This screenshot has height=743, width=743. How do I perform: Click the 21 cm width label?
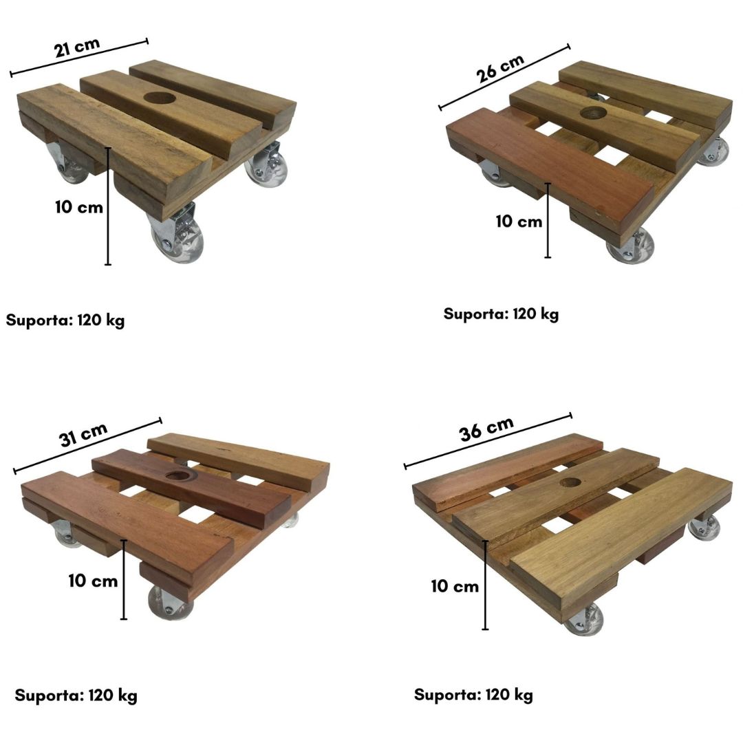(77, 48)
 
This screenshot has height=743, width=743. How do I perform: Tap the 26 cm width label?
(500, 68)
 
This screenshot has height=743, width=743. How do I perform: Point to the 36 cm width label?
(486, 429)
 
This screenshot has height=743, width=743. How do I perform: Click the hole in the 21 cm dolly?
(160, 98)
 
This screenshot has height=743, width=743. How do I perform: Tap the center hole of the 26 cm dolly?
(593, 113)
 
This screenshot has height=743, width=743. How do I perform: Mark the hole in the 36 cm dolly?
(570, 482)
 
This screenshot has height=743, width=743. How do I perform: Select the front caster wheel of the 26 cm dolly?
(631, 246)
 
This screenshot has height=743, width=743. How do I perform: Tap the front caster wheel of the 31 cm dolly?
(169, 603)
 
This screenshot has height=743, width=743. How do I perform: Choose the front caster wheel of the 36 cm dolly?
(585, 618)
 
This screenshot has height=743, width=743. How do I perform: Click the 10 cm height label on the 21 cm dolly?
(78, 207)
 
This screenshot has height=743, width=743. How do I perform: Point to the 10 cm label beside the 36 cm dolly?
(455, 586)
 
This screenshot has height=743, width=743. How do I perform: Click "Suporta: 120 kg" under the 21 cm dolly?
(65, 321)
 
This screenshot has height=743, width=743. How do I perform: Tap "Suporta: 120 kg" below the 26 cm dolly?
(501, 314)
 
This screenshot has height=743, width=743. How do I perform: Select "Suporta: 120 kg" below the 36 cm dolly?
(473, 695)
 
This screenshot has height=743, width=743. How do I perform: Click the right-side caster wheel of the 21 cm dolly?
(266, 165)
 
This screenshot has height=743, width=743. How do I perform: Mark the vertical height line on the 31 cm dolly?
(124, 579)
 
